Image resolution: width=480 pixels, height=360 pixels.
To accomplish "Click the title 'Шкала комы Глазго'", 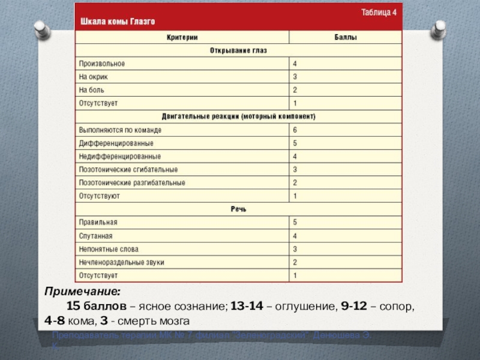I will pos(118,22).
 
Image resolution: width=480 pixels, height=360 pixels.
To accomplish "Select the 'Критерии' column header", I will pos(182,37).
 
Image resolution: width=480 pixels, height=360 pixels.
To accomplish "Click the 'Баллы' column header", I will pos(346,37).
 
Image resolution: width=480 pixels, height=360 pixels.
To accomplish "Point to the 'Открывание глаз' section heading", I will pos(239,50).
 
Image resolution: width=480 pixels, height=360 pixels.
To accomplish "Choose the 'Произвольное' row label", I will pos(102,64).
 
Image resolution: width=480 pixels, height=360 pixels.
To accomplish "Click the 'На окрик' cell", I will pos(94,77).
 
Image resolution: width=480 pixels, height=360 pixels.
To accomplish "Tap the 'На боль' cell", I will pos(92,90).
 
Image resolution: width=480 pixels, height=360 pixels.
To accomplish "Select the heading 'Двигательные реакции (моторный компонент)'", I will pos(239,116).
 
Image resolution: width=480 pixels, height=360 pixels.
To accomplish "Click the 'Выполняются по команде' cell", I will pos(120,130).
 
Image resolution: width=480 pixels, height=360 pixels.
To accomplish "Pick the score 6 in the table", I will pos(295,130).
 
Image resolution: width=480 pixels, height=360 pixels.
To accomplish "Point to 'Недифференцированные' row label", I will pos(120,156).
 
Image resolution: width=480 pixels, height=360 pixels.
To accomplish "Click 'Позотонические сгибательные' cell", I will pos(128,169).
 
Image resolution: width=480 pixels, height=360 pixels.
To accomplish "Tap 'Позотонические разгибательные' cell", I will pos(132,182).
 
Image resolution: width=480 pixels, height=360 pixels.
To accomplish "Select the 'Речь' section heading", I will pos(239,209).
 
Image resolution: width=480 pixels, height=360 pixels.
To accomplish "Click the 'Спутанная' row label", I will pos(96,236).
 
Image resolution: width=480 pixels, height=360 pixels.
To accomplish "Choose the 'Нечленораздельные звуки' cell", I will pos(122,262).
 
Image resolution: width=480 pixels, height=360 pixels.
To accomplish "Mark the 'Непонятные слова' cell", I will pos(109,249).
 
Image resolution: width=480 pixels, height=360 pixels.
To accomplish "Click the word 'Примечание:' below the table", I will pos(82,292).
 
